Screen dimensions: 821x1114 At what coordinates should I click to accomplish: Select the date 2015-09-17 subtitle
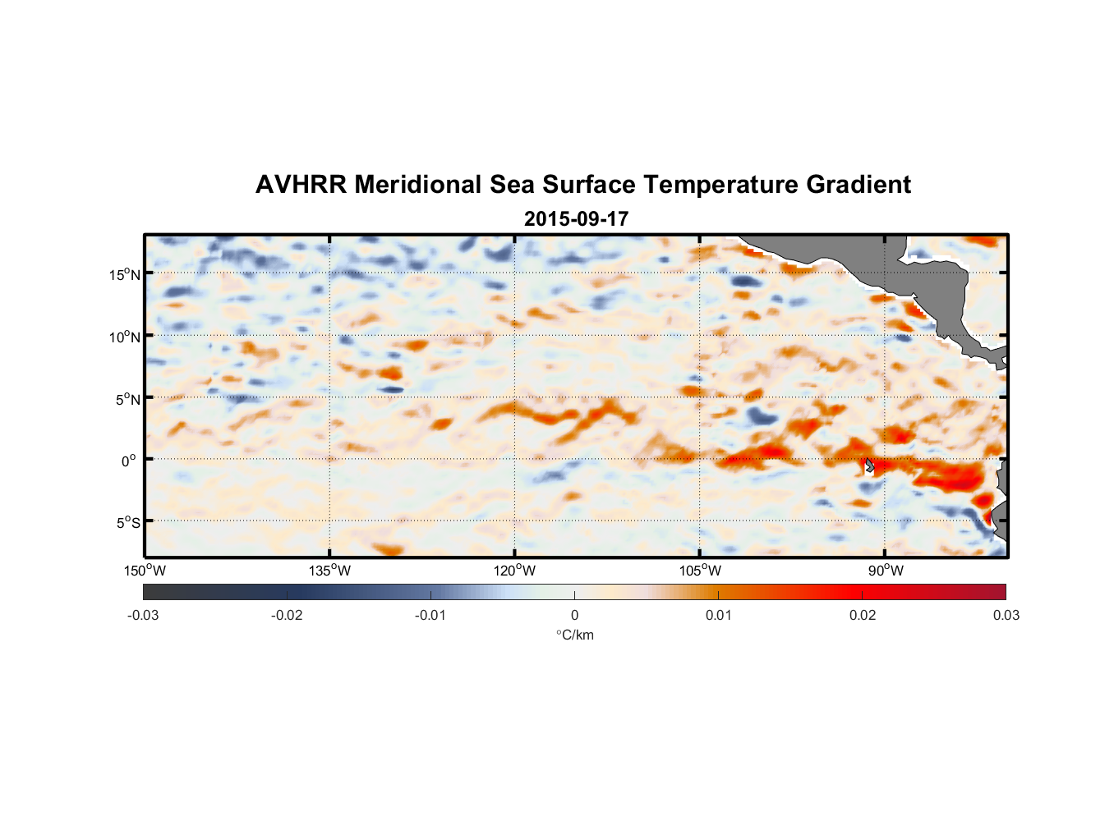point(576,219)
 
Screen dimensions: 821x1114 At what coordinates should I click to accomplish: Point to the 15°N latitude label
point(124,274)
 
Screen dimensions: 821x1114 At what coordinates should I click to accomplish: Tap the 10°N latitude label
point(124,337)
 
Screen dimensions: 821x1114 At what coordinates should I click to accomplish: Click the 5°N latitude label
point(127,399)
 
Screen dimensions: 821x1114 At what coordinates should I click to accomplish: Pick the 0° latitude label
point(128,461)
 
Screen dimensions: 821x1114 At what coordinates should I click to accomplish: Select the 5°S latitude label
point(127,522)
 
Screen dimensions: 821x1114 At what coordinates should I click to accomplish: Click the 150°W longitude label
point(145,571)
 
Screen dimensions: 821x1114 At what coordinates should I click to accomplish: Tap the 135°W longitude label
point(329,571)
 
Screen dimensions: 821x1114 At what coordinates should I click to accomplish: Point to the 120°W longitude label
point(514,571)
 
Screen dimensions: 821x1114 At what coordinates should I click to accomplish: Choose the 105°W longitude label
point(700,571)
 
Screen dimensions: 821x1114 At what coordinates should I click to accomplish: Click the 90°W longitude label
point(886,571)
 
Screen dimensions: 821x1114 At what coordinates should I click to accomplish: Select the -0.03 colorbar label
point(143,616)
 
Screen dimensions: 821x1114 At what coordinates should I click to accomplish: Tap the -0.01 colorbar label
point(430,616)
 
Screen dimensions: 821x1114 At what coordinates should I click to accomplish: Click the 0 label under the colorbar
point(574,616)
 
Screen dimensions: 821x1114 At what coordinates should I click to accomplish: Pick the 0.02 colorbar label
point(863,616)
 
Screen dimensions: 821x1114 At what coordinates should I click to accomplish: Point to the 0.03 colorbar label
point(1006,616)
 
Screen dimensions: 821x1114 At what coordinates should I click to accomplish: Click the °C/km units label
point(575,635)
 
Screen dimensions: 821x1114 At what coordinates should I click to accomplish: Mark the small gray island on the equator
point(869,466)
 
